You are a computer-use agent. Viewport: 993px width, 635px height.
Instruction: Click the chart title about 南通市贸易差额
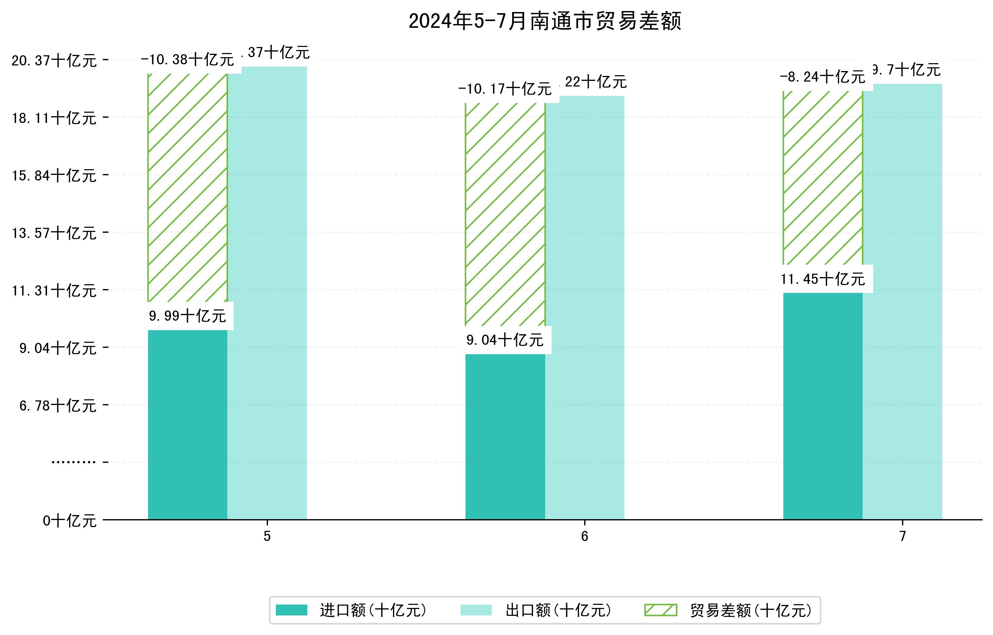(x=545, y=21)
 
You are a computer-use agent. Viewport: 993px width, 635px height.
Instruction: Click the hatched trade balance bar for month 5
(x=187, y=188)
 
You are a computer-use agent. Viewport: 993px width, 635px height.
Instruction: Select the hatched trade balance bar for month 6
(x=505, y=214)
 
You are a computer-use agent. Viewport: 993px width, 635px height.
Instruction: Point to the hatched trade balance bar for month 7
(x=823, y=177)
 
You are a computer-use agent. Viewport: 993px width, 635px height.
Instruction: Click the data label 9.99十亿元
(x=187, y=316)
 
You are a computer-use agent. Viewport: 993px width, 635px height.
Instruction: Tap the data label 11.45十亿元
(x=823, y=279)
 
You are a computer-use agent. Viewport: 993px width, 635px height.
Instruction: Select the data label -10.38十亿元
(x=187, y=60)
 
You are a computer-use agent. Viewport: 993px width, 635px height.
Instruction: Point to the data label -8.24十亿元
(x=823, y=77)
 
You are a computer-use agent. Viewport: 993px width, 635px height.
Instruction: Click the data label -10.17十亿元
(x=505, y=89)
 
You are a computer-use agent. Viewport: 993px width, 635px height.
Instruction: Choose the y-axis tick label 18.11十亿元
(x=54, y=118)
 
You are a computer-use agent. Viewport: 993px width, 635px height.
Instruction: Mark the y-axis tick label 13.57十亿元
(x=54, y=233)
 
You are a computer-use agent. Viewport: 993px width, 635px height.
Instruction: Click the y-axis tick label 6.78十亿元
(x=58, y=406)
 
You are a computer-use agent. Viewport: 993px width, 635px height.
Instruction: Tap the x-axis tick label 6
(x=584, y=536)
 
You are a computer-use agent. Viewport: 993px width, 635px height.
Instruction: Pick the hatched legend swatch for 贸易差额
(x=660, y=610)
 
